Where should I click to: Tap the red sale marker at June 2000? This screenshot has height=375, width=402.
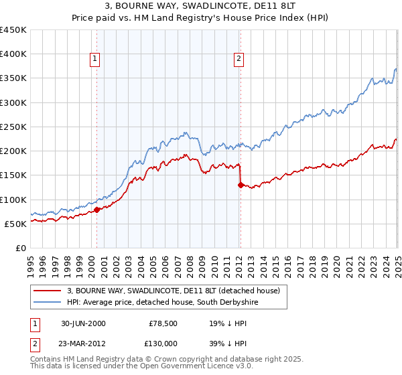coord(96,210)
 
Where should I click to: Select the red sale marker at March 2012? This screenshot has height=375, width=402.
coord(240,185)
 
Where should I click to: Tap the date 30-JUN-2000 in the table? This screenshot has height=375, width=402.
coord(83,323)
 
